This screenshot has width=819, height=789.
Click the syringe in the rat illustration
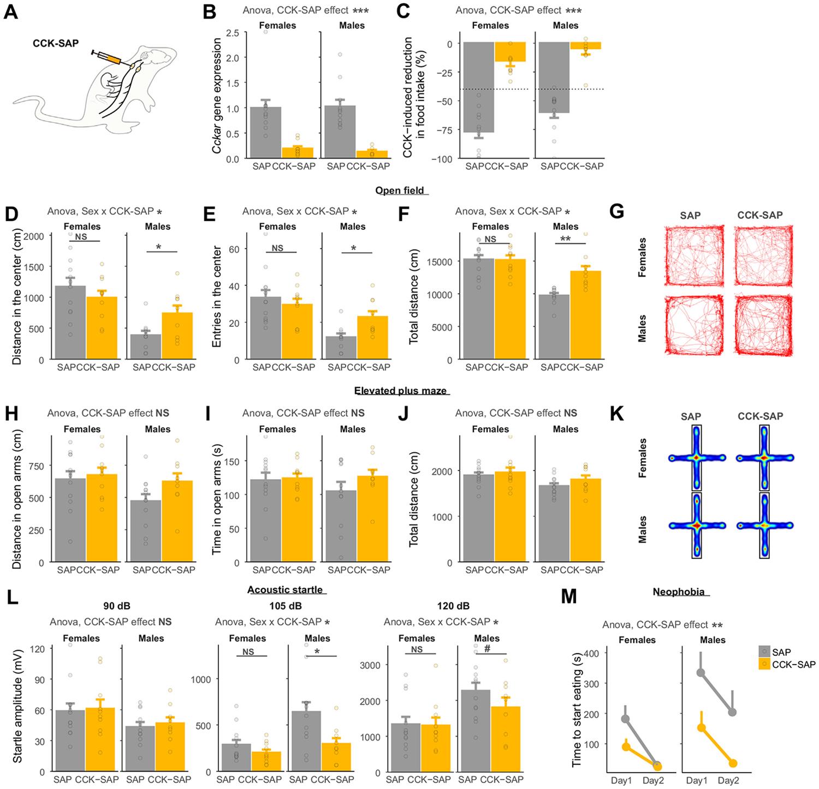[x=111, y=57]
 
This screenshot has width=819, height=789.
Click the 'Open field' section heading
[x=401, y=190]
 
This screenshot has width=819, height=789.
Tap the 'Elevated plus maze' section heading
[x=400, y=391]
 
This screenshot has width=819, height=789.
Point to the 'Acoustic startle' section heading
[x=285, y=590]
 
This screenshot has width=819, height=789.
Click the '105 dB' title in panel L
[x=286, y=606]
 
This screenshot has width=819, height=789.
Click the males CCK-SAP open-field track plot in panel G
[x=759, y=326]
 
